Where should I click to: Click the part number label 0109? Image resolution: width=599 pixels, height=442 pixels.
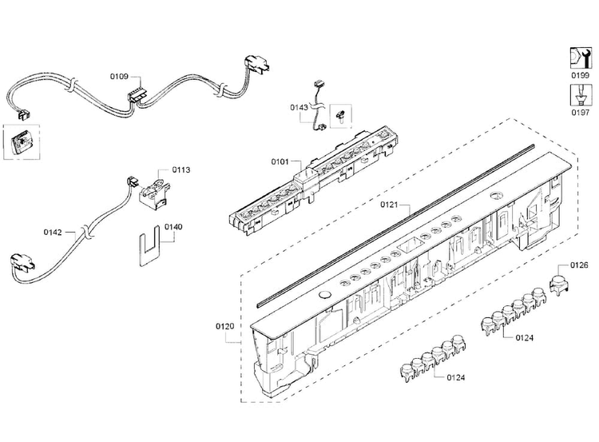click(119, 77)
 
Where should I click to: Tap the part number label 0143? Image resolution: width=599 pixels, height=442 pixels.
click(299, 107)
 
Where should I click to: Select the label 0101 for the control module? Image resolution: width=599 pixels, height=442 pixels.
click(280, 161)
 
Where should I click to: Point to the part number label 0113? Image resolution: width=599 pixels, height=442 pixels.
click(181, 169)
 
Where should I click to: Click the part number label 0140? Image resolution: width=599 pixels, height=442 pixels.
click(173, 227)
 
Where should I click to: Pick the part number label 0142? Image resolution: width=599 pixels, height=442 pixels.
click(53, 232)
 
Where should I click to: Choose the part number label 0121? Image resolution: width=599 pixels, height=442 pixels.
click(389, 205)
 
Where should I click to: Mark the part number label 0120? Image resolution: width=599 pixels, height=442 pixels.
click(225, 326)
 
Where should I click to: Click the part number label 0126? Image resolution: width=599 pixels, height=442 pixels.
click(579, 265)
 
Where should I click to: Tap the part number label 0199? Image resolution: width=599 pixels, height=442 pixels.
click(581, 75)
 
